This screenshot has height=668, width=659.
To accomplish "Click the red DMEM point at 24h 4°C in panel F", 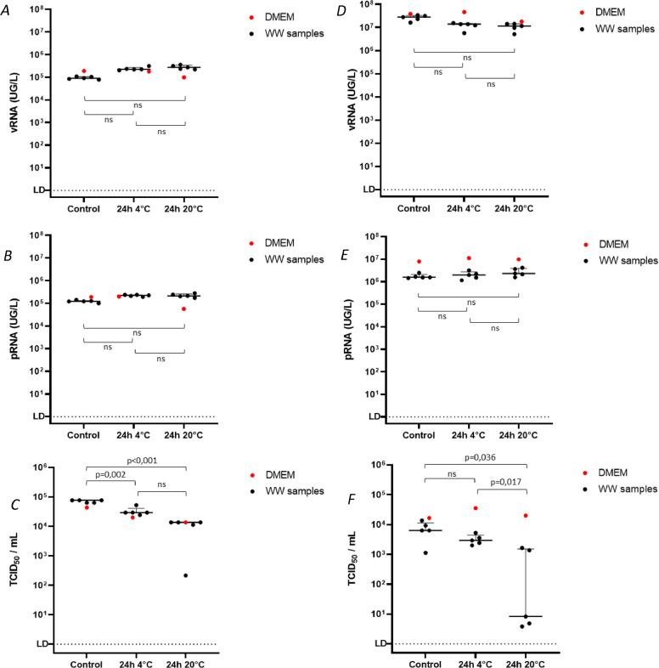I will pyautogui.click(x=464, y=508).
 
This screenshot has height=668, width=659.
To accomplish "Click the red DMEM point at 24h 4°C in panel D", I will pyautogui.click(x=464, y=13).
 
